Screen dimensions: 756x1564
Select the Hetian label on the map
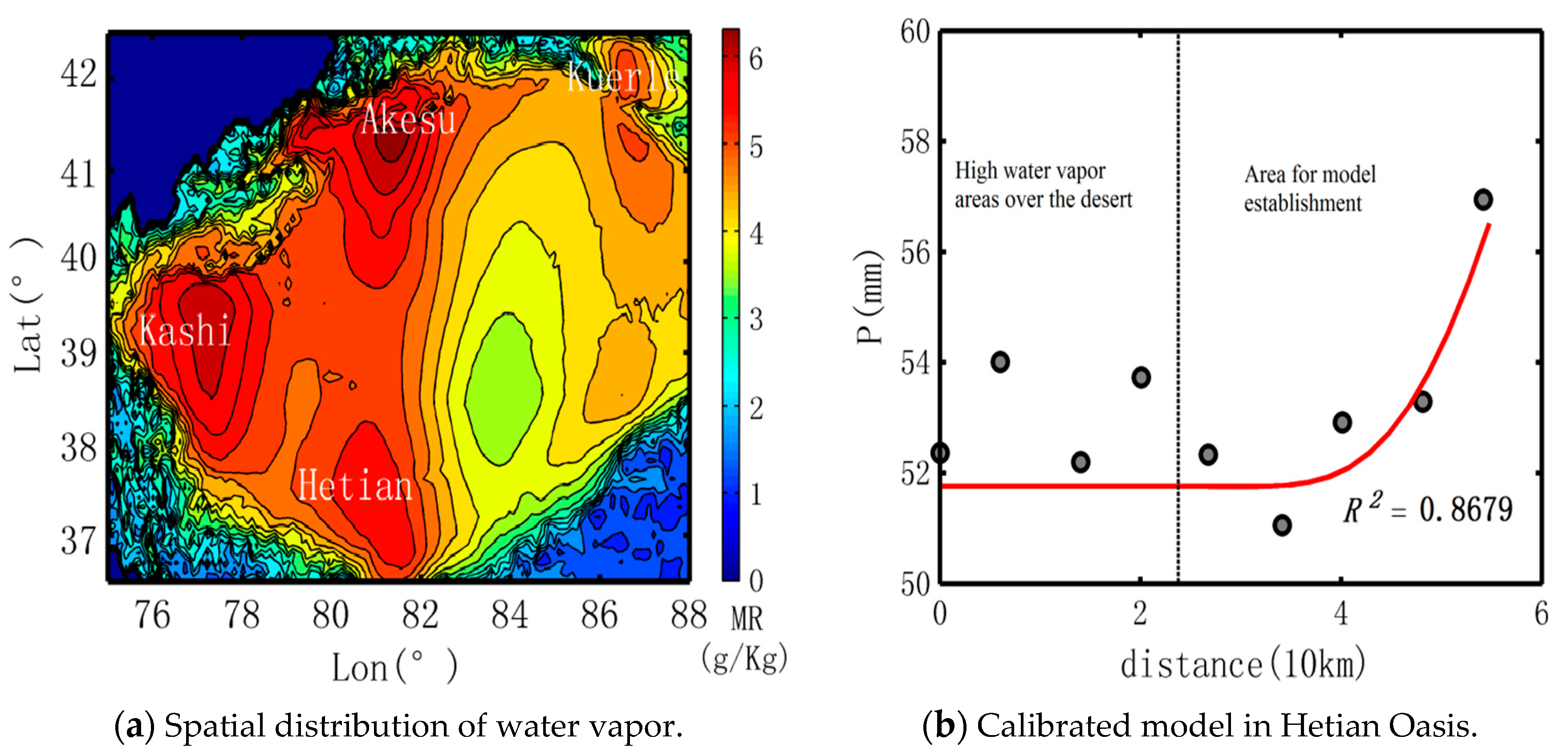click(x=355, y=486)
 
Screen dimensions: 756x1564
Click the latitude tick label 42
click(x=78, y=74)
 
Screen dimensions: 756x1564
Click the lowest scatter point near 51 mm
click(x=1282, y=524)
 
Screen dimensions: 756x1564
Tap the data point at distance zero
click(x=940, y=453)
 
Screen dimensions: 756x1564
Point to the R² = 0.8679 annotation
click(x=1427, y=509)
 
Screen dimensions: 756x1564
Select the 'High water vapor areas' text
click(x=1043, y=185)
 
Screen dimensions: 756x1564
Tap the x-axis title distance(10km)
click(x=1242, y=665)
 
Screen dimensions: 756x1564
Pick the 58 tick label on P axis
click(x=914, y=142)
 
